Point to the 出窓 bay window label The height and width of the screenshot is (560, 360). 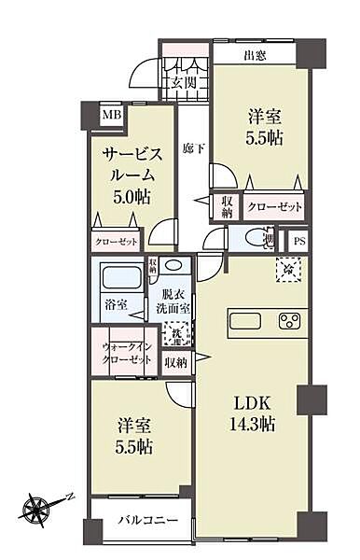[x=256, y=55]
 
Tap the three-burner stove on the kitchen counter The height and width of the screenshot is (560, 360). [x=290, y=323]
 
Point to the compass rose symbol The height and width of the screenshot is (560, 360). [x=38, y=509]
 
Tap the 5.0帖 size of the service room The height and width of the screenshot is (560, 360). [x=132, y=197]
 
